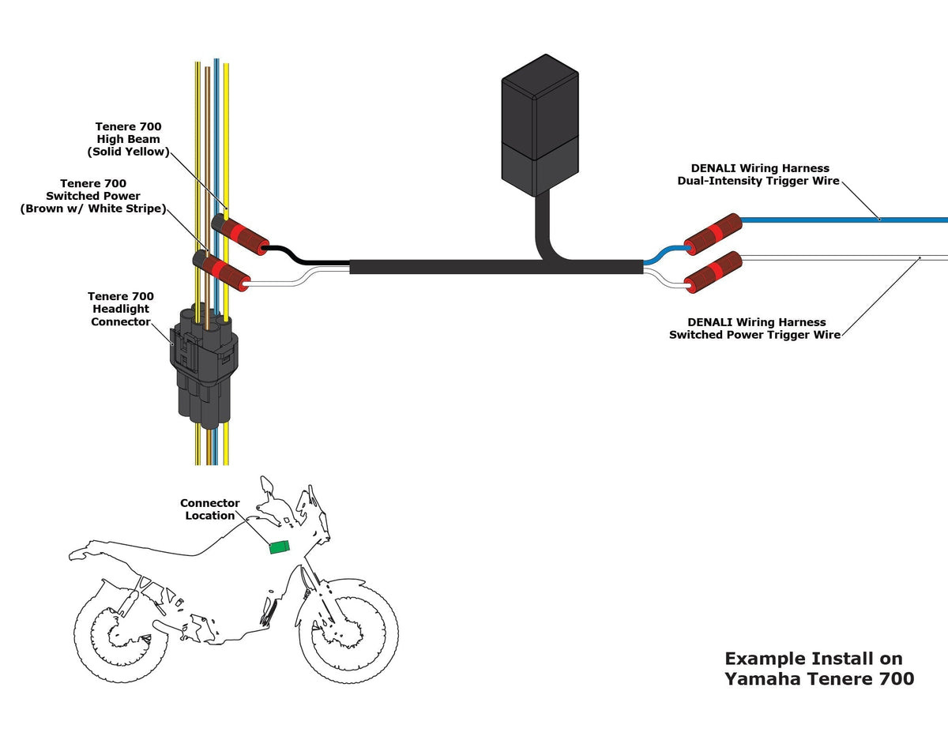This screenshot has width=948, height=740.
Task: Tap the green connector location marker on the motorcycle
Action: pyautogui.click(x=279, y=547)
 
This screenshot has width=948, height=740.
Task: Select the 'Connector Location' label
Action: pyautogui.click(x=209, y=509)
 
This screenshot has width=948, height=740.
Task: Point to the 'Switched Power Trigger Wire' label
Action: pyautogui.click(x=754, y=329)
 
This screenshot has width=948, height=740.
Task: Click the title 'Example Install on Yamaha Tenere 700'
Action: pyautogui.click(x=818, y=668)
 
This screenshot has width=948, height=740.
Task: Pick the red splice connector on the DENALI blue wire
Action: pyautogui.click(x=713, y=233)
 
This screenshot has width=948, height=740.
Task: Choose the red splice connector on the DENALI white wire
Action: pyautogui.click(x=714, y=272)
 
